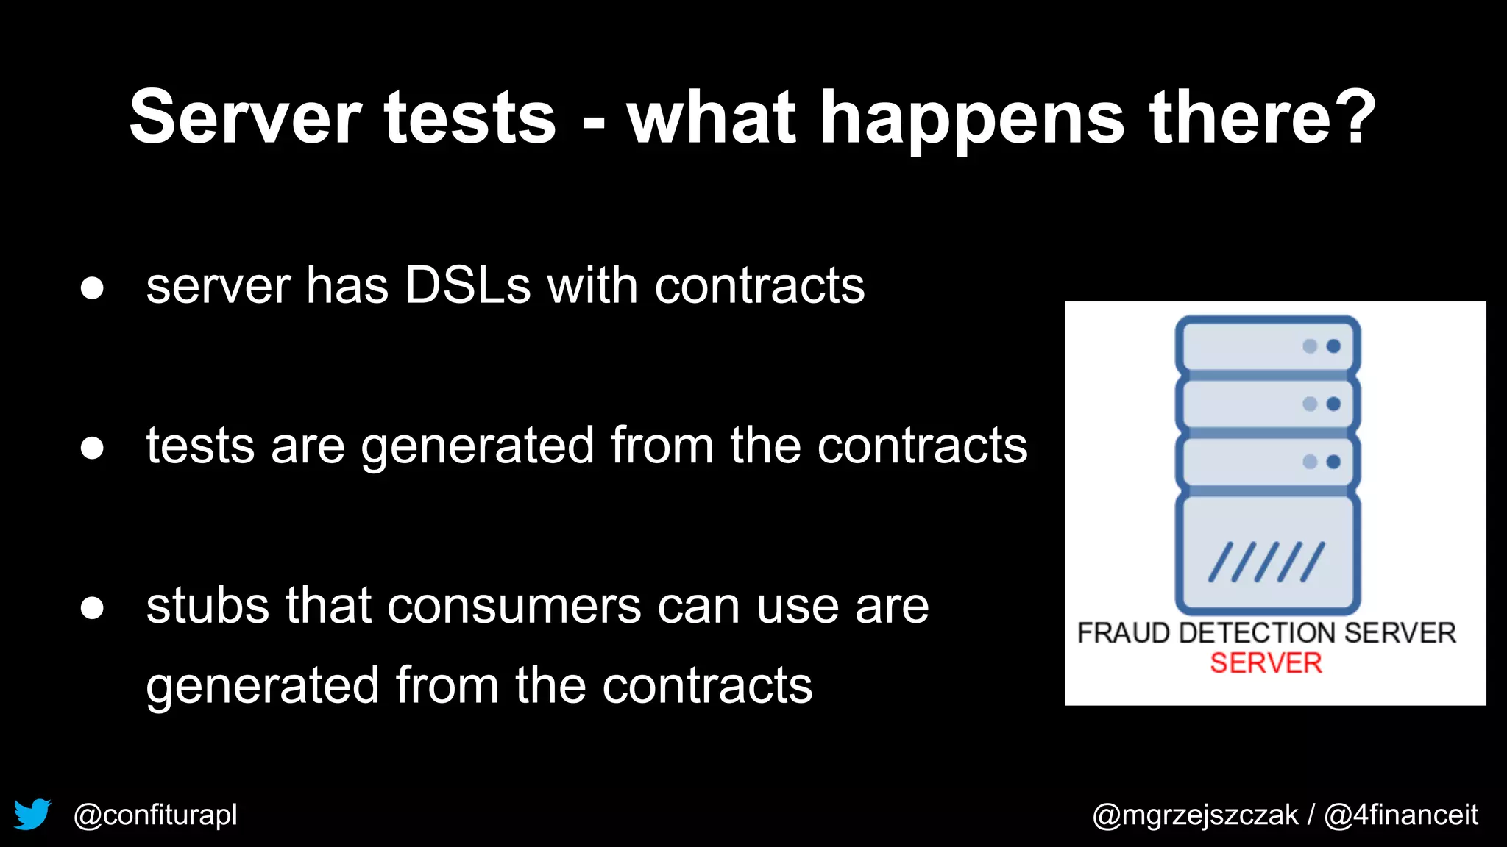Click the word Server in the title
pyautogui.click(x=245, y=118)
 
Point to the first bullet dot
pyautogui.click(x=92, y=288)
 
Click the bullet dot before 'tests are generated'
pyautogui.click(x=92, y=448)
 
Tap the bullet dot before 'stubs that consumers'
pyautogui.click(x=92, y=608)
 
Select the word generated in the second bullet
pyautogui.click(x=477, y=447)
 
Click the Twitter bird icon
pyautogui.click(x=32, y=814)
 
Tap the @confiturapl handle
pyautogui.click(x=155, y=815)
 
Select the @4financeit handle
pyautogui.click(x=1401, y=815)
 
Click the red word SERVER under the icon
pyautogui.click(x=1266, y=663)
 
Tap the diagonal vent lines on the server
pyautogui.click(x=1266, y=562)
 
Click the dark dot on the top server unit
pyautogui.click(x=1333, y=346)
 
